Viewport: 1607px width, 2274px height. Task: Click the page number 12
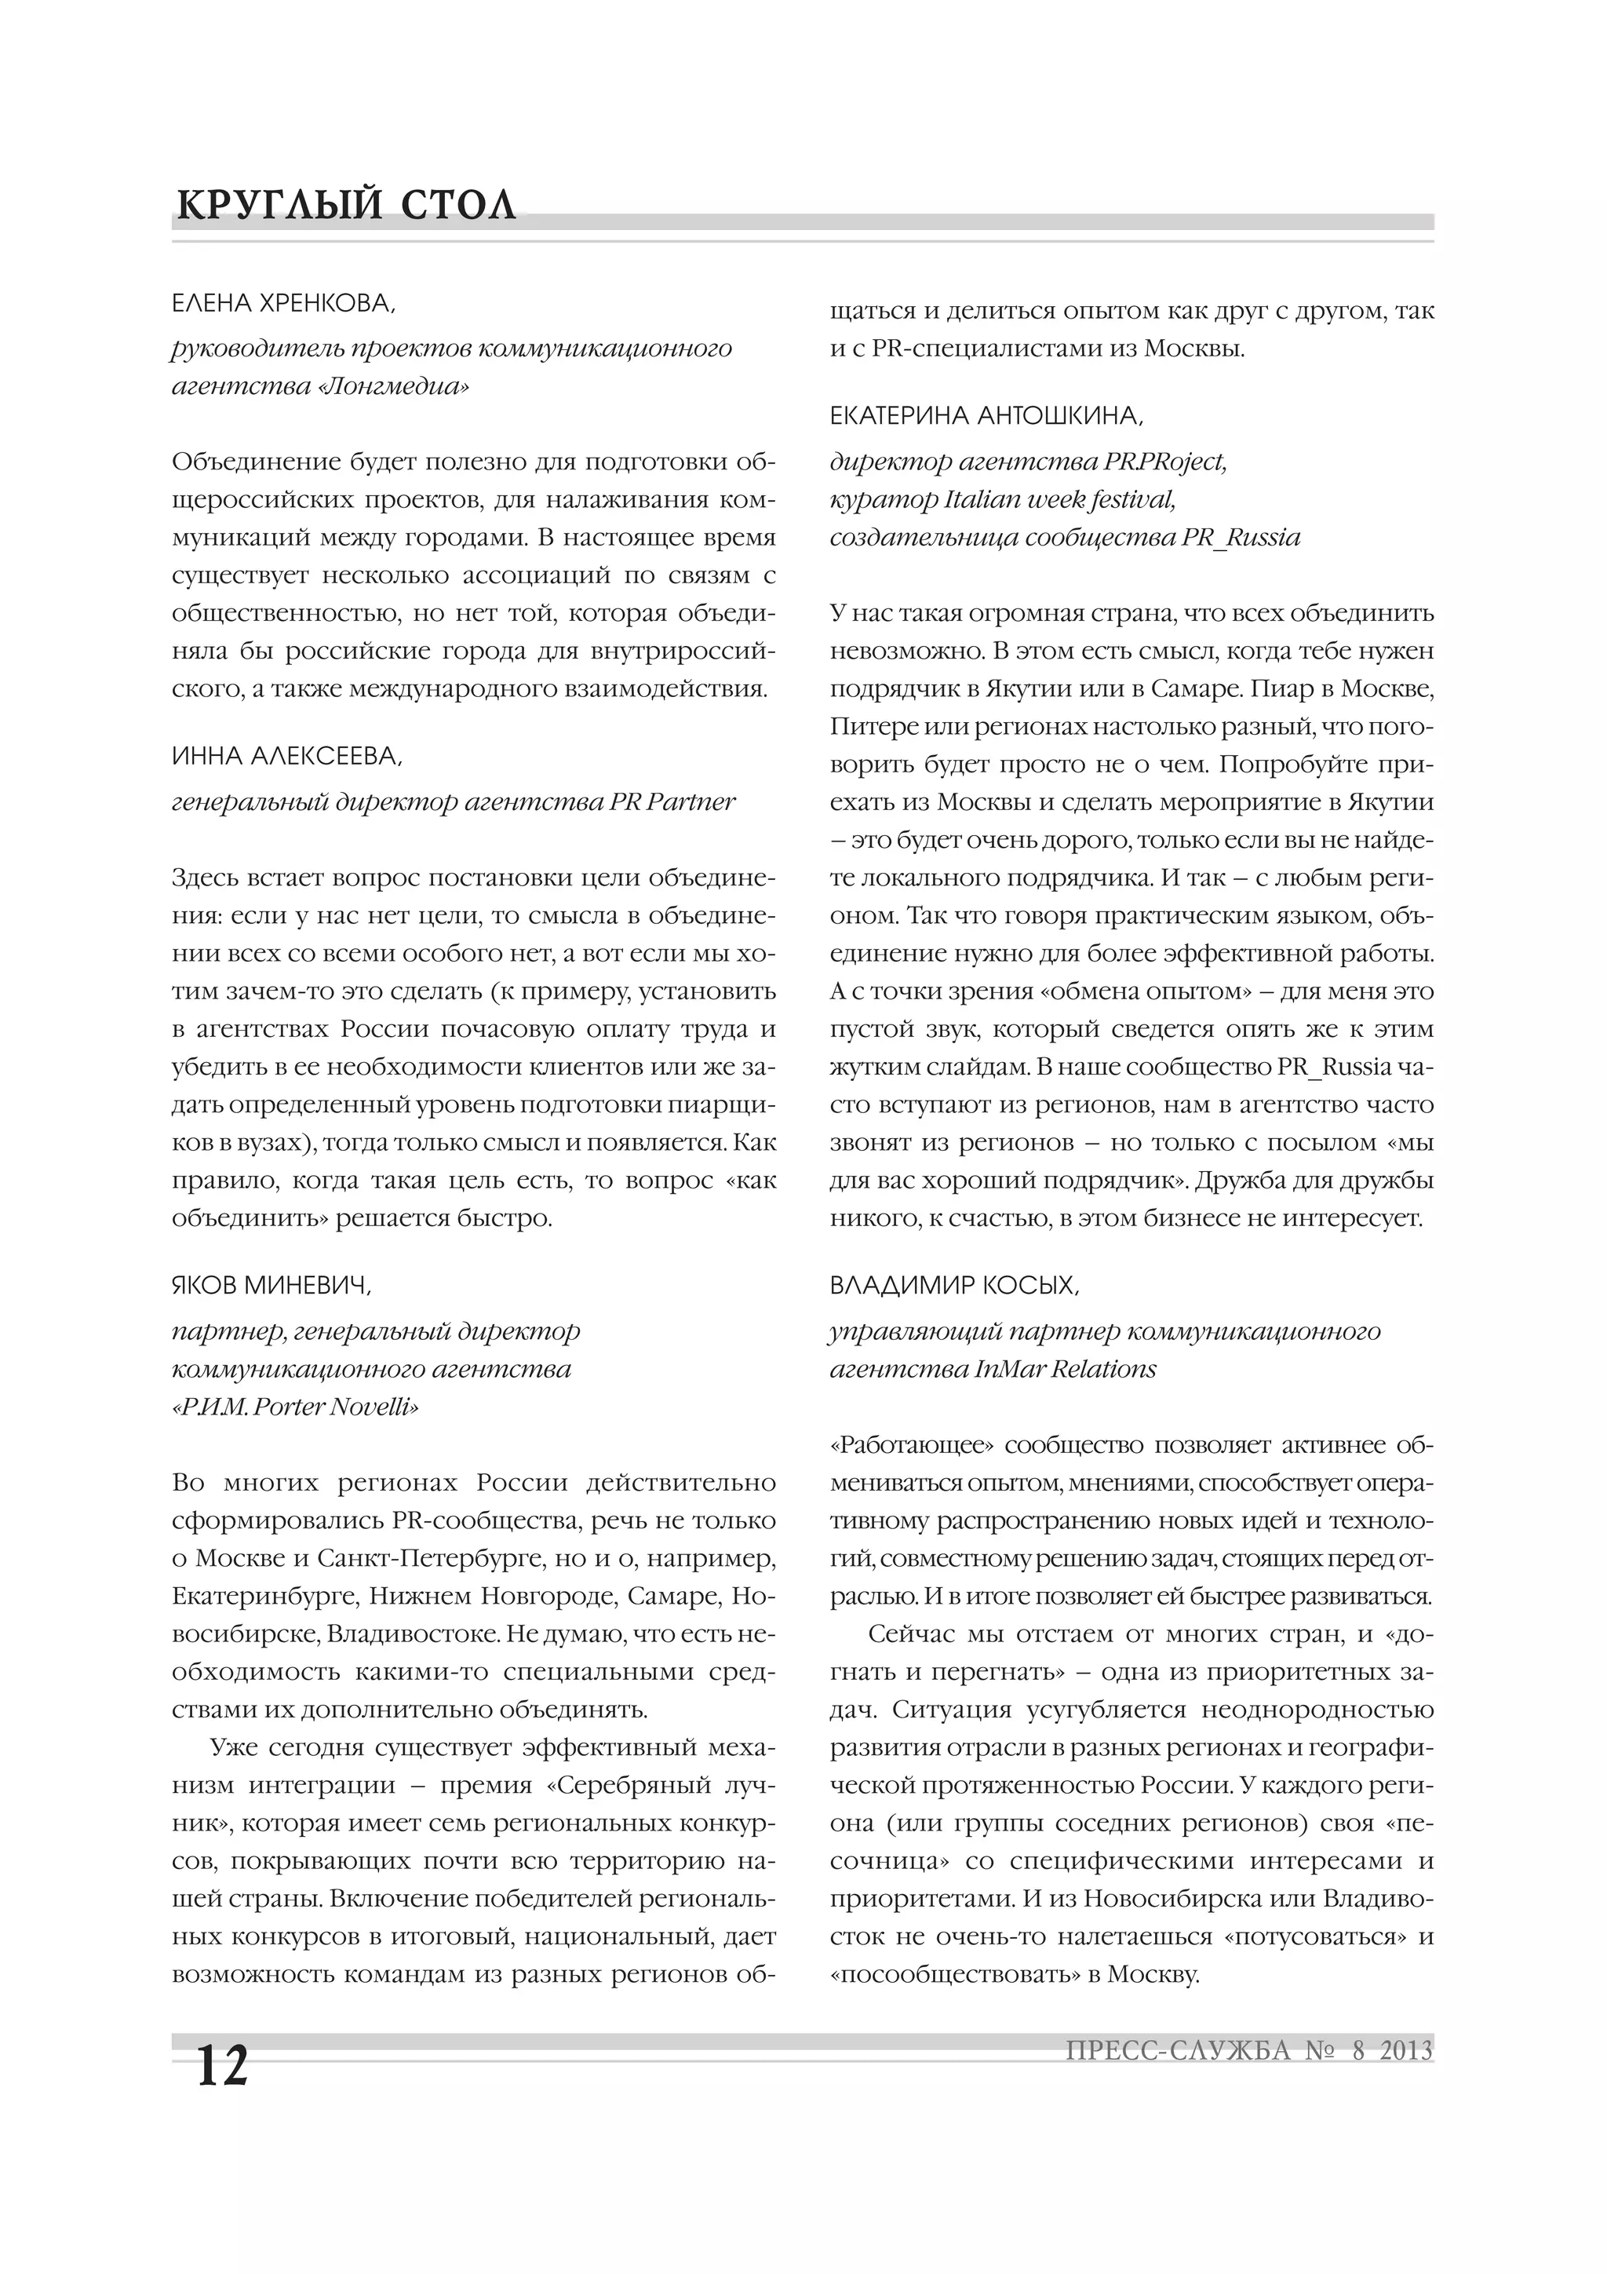coord(223,2064)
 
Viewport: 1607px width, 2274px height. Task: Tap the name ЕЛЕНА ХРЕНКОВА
coord(283,304)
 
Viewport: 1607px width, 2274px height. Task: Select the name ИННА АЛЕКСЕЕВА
coord(287,757)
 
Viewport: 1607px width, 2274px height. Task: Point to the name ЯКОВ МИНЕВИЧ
coord(271,1286)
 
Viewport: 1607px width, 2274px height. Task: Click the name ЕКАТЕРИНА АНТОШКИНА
coord(986,417)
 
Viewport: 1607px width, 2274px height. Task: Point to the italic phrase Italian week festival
coord(1059,499)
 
